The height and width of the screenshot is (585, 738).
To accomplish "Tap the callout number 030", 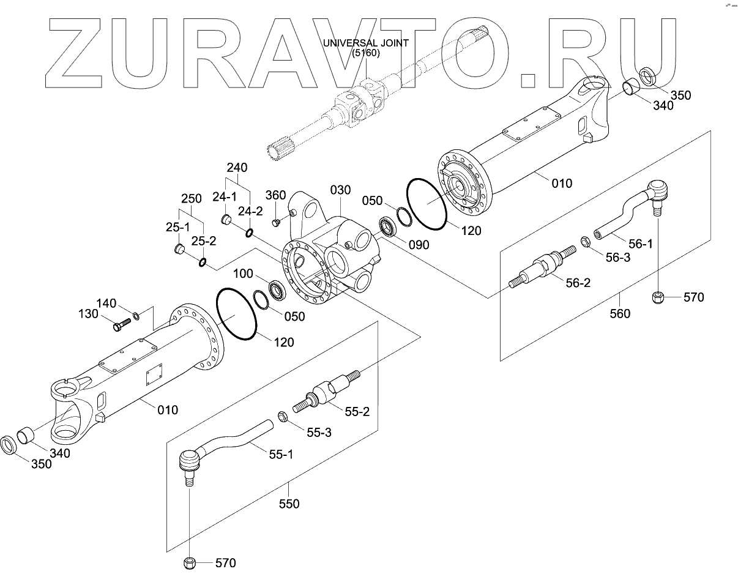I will [x=340, y=190].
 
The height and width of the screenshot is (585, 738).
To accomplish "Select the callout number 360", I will [x=275, y=196].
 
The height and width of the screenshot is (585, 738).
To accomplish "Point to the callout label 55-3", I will [x=319, y=432].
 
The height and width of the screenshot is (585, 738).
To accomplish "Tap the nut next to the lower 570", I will [x=189, y=562].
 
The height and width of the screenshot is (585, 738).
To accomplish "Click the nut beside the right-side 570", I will [x=659, y=298].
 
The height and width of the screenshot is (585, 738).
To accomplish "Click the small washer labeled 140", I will [x=136, y=316].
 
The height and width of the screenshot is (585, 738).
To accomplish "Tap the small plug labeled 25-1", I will [x=180, y=249].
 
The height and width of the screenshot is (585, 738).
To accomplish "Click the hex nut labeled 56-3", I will [x=584, y=242].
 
